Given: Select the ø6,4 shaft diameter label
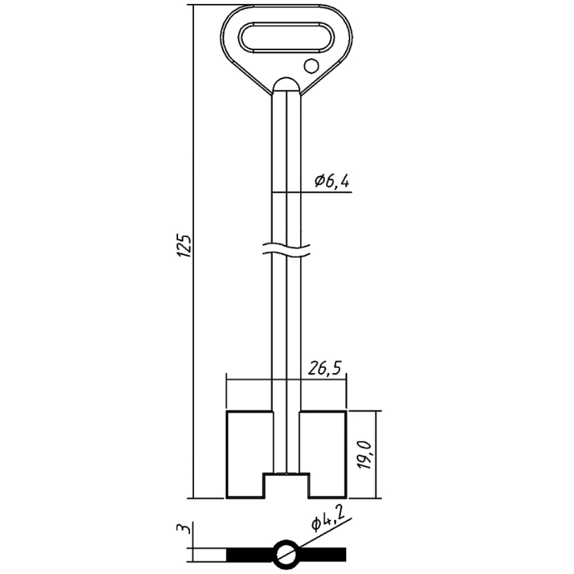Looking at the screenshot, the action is [332, 181].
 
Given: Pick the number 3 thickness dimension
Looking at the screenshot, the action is [183, 529].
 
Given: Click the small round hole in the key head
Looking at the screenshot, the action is [311, 66].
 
